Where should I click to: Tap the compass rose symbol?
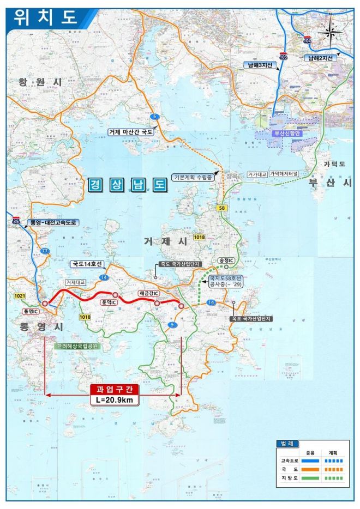click(331, 32)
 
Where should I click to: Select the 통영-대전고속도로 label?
click(54, 223)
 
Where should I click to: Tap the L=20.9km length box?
click(115, 401)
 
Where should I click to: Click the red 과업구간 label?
click(115, 390)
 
